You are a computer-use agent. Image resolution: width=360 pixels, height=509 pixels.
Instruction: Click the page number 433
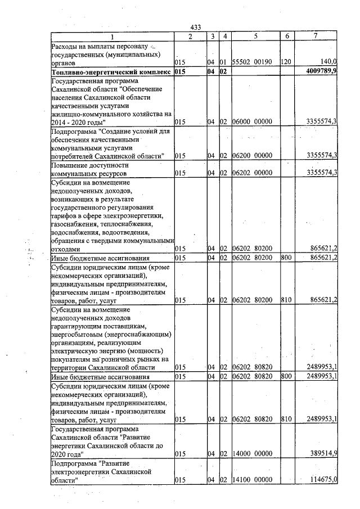196,28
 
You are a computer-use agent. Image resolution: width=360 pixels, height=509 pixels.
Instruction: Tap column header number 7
316,36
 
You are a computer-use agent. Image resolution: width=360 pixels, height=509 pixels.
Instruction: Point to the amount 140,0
328,62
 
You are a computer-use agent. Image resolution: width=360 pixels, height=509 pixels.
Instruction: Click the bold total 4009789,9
319,71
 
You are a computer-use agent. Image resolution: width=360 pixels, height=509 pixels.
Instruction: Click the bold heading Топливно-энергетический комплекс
110,72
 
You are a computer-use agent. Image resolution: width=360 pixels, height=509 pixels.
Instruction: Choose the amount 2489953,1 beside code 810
321,419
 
